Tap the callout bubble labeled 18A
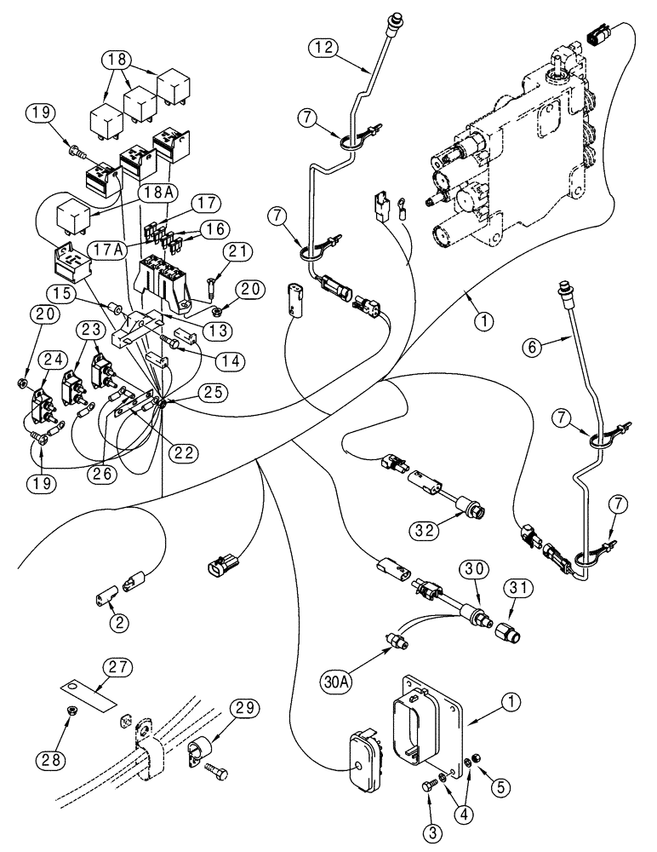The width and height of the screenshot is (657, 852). point(165,194)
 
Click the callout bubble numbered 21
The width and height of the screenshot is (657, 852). point(241,251)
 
